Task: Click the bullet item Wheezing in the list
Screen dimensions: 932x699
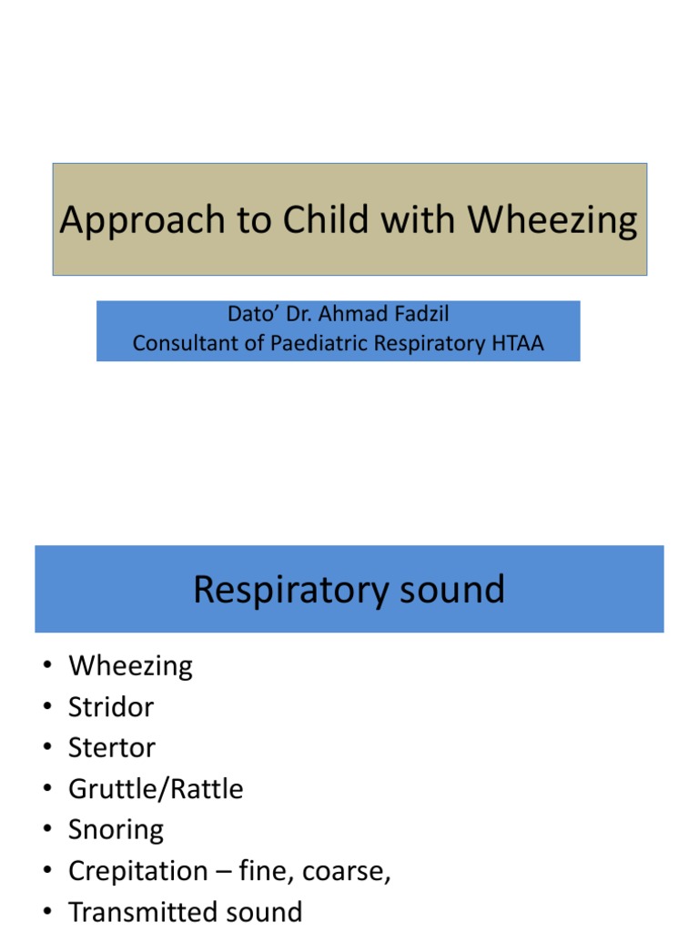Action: [x=130, y=666]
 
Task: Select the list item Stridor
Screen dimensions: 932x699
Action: [x=111, y=707]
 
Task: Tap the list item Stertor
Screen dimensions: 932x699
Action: [x=112, y=748]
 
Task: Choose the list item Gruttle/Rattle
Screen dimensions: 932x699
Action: [x=156, y=789]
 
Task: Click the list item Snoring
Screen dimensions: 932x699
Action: [x=116, y=830]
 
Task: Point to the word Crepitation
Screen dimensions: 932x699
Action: [x=138, y=871]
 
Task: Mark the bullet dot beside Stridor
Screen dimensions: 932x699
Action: [x=46, y=708]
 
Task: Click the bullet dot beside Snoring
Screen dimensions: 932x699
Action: [x=46, y=831]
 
